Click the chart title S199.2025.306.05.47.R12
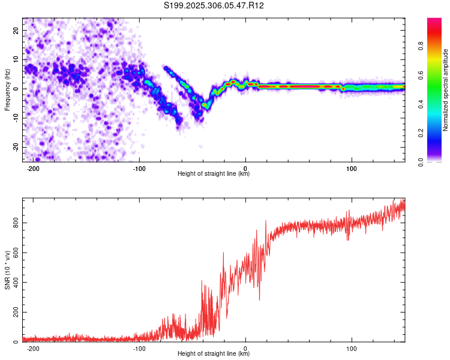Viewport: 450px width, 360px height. (x=214, y=5)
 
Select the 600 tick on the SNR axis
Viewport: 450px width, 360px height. (x=16, y=253)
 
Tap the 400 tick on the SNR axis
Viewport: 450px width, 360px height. (x=16, y=283)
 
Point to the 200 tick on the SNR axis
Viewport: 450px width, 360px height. (x=16, y=313)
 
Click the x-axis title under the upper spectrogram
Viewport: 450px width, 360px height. (x=214, y=174)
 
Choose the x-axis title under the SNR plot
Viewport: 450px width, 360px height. (x=214, y=354)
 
